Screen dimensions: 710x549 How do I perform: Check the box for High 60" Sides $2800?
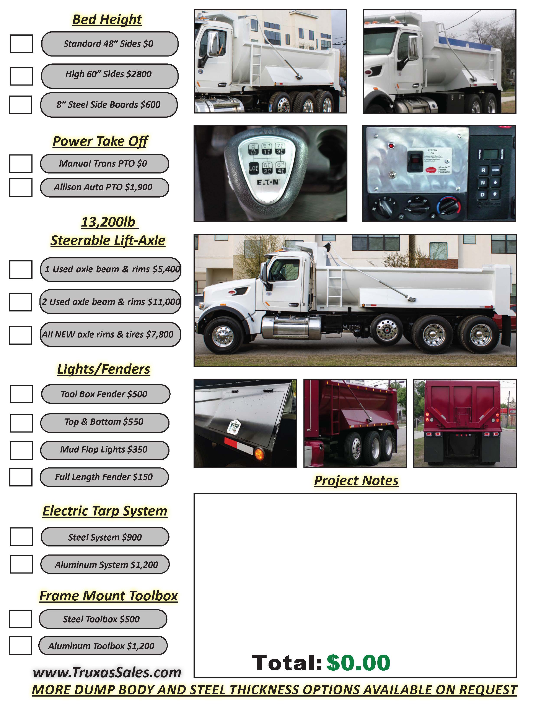[21, 76]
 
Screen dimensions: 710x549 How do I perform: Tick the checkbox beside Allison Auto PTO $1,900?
[21, 188]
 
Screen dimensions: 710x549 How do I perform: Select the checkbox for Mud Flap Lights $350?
[21, 450]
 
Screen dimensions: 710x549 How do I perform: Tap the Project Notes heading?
[356, 480]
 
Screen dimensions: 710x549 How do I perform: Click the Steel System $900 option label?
[105, 537]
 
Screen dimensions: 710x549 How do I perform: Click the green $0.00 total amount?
[358, 663]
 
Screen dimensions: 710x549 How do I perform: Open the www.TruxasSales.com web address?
[107, 672]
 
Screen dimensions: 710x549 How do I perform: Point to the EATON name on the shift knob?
[268, 182]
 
